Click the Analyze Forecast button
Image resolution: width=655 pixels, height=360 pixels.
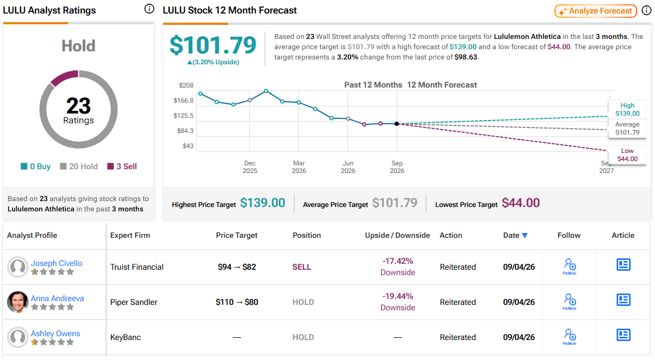pyautogui.click(x=596, y=11)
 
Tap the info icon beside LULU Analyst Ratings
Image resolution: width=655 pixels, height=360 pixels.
pyautogui.click(x=149, y=9)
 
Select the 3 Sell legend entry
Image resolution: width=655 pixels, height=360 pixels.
pyautogui.click(x=122, y=166)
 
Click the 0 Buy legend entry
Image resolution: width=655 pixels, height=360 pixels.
pyautogui.click(x=36, y=166)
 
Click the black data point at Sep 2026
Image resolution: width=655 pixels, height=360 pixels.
pyautogui.click(x=397, y=124)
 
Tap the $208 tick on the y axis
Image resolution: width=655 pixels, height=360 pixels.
pyautogui.click(x=186, y=85)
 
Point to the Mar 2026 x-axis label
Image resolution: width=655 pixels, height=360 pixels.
pyautogui.click(x=299, y=167)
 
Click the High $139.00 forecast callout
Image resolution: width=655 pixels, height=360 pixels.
pyautogui.click(x=627, y=109)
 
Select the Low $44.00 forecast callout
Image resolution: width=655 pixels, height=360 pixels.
pyautogui.click(x=627, y=155)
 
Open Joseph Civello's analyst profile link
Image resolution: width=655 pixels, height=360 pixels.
pyautogui.click(x=56, y=263)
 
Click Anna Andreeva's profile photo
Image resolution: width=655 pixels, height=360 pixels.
pyautogui.click(x=17, y=302)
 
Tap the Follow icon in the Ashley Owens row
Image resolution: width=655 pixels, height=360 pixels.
pyautogui.click(x=569, y=337)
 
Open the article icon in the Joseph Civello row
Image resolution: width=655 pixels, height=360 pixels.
pyautogui.click(x=623, y=265)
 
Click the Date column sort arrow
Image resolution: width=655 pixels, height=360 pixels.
pyautogui.click(x=525, y=236)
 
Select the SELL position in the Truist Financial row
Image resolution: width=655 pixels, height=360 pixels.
pyautogui.click(x=302, y=267)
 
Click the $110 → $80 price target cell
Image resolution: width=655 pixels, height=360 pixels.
pyautogui.click(x=237, y=302)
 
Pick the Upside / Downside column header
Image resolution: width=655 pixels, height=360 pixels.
pyautogui.click(x=397, y=236)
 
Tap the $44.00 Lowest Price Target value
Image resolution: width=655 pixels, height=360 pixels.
pyautogui.click(x=521, y=203)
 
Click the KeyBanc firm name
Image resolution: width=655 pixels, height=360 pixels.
pyautogui.click(x=125, y=337)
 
